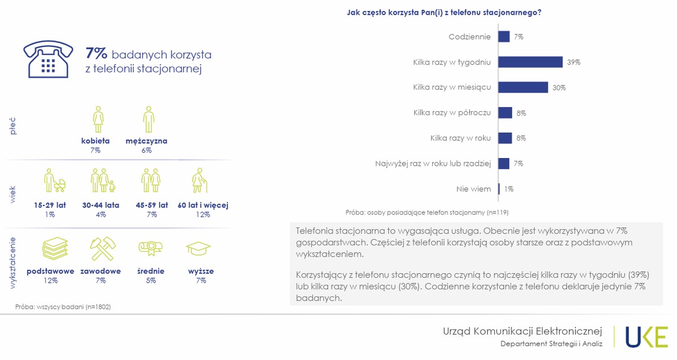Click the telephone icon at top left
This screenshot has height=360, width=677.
48,59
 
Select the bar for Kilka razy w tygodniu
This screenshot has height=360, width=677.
530,62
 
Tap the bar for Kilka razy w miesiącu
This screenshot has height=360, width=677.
523,87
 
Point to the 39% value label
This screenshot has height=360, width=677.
574,62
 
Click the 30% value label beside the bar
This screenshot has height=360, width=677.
559,87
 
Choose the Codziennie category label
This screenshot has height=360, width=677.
469,37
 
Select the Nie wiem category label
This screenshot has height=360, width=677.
473,189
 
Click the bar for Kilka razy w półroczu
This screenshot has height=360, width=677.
505,113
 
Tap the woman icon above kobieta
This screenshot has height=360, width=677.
98,119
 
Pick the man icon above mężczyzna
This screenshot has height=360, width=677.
148,119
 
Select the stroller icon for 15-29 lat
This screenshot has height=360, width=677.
55,181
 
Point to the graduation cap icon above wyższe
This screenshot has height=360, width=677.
199,248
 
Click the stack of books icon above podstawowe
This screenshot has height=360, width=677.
55,248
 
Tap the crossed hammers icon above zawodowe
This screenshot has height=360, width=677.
103,248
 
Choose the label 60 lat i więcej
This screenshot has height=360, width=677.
203,205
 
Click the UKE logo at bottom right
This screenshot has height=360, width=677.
646,337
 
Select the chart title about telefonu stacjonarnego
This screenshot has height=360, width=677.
444,12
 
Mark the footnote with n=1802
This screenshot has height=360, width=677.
63,307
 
